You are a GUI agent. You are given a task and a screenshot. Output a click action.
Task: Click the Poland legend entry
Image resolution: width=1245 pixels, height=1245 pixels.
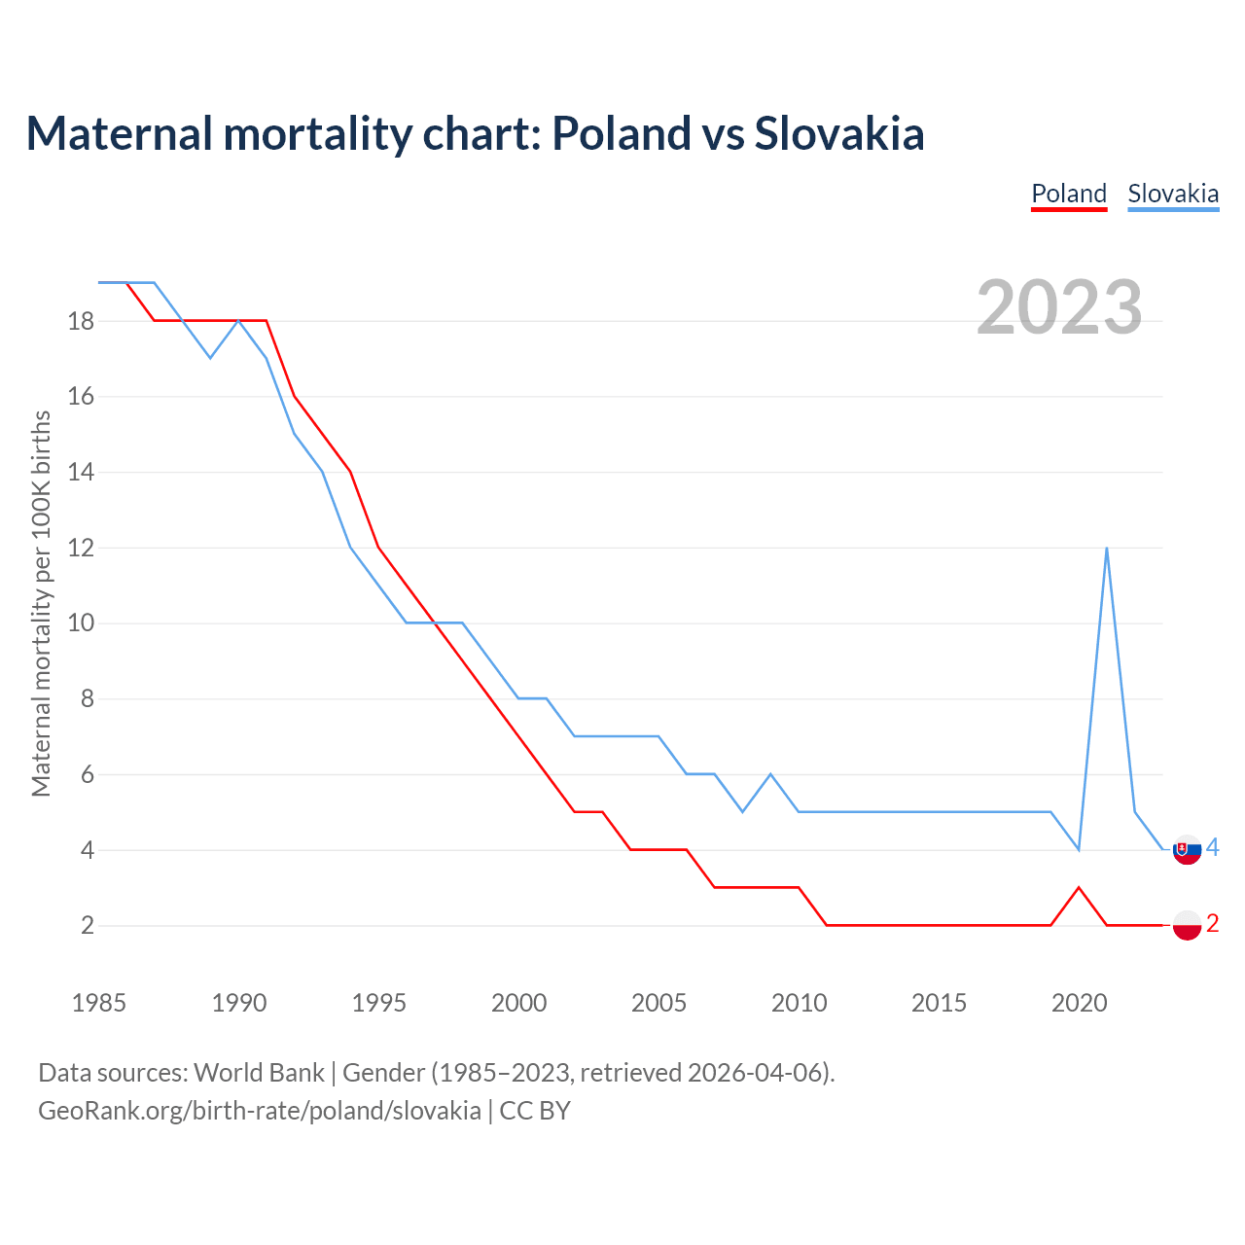(1069, 194)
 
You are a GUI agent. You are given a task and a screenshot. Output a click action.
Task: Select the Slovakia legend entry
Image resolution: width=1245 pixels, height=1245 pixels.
(1173, 194)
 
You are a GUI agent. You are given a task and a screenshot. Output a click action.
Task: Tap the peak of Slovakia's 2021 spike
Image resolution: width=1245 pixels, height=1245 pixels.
(1107, 549)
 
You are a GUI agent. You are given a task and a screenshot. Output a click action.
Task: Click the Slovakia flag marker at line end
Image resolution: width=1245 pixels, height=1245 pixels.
(1187, 850)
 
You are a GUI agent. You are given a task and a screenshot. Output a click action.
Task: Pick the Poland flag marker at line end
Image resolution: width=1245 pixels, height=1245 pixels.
(1187, 925)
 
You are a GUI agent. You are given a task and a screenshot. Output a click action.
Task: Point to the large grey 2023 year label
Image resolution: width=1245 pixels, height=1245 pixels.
(1059, 307)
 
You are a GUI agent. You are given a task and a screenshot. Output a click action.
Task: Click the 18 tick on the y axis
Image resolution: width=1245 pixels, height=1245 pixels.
(81, 321)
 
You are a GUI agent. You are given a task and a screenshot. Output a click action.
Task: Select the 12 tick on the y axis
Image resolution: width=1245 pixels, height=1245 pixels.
(81, 548)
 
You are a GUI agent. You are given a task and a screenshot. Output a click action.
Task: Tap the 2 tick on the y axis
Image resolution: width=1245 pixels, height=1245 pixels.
(88, 925)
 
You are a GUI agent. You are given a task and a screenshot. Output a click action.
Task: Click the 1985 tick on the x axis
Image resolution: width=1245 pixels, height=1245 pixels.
(99, 1003)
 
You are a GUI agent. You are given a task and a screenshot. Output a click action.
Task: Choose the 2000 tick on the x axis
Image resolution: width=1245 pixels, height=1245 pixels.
(518, 1003)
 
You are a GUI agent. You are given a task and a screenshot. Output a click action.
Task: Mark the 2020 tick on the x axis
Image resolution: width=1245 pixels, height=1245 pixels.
(1079, 1003)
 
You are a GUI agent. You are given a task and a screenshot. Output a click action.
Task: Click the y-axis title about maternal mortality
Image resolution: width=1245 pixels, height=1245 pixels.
(41, 603)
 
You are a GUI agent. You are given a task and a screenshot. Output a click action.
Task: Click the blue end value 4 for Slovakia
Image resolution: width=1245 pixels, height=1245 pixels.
(1212, 848)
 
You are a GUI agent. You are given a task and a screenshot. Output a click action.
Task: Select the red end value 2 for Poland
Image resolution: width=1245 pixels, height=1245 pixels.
(1212, 924)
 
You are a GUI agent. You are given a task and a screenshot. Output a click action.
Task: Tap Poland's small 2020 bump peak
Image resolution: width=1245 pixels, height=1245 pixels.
(1079, 888)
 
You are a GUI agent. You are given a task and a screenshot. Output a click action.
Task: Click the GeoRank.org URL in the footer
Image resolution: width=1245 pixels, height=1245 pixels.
(260, 1111)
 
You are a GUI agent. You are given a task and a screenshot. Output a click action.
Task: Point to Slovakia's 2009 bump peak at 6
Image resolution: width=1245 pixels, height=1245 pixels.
(770, 774)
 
